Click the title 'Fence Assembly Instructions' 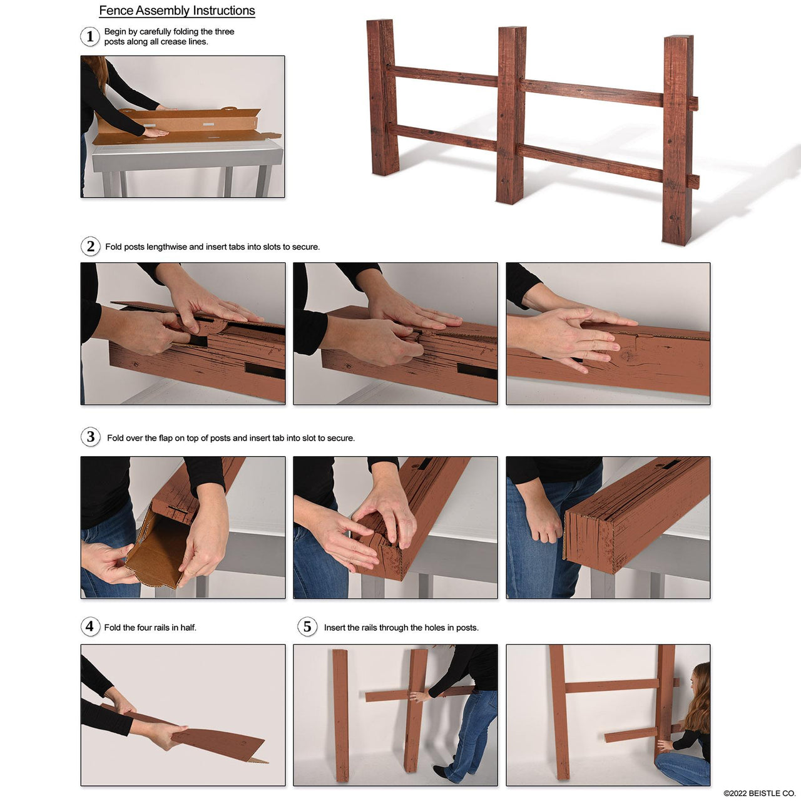pos(177,11)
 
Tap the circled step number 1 pos(90,36)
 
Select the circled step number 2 pos(91,246)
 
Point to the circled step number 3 pos(91,437)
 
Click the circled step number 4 pos(90,626)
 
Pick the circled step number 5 pos(307,626)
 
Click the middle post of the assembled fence pos(511,116)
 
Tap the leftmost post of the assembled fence pos(382,97)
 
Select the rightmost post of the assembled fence pos(678,141)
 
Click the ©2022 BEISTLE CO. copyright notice pos(759,793)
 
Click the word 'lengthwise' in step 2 pos(166,247)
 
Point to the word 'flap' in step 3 pos(165,438)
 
